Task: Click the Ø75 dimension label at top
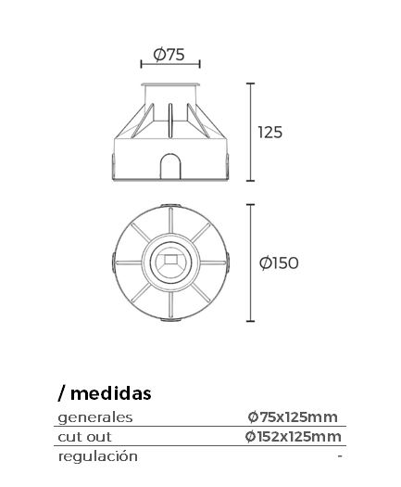[x=169, y=55]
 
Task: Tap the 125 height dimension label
[x=270, y=133]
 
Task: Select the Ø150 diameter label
[x=279, y=263]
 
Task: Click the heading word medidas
[x=111, y=393]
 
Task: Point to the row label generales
[x=95, y=417]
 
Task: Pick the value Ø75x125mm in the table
[x=293, y=417]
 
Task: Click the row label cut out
[x=84, y=437]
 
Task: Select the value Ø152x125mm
[x=293, y=437]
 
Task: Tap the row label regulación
[x=98, y=457]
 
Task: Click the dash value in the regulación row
[x=340, y=456]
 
